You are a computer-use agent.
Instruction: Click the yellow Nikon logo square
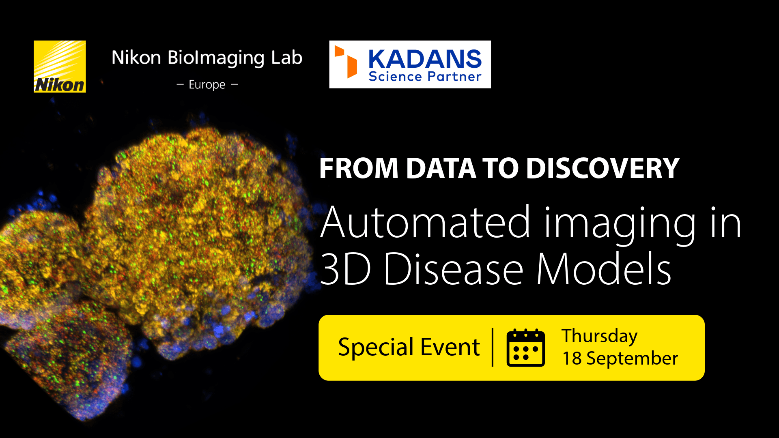click(60, 67)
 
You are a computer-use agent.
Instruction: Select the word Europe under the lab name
click(207, 85)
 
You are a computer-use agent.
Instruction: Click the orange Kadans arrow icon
click(346, 62)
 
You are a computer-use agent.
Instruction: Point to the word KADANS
click(425, 59)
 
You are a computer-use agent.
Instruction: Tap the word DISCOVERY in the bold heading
click(603, 168)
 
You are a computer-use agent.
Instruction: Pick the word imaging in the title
click(620, 225)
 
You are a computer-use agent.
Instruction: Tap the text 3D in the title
click(345, 269)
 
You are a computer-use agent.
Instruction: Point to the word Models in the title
click(604, 269)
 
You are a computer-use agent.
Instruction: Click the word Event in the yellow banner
click(450, 347)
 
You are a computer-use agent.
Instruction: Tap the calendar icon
click(526, 348)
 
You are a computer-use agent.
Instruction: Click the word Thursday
click(599, 336)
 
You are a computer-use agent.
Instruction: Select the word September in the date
click(632, 359)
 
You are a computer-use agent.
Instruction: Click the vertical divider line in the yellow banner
click(493, 348)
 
